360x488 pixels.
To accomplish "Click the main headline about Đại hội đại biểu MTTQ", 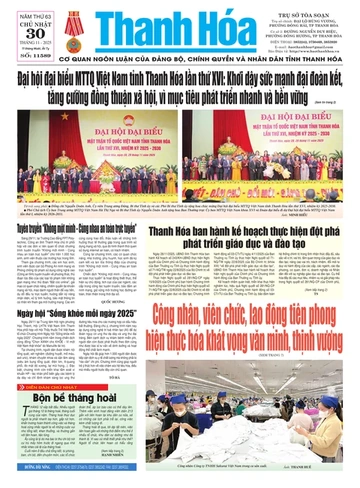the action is point(180,81).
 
